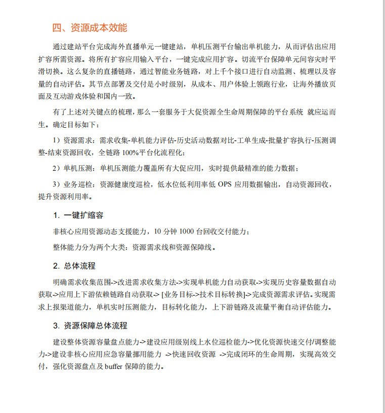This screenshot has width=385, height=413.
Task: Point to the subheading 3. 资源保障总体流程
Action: coord(90,325)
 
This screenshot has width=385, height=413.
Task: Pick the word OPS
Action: coord(225,184)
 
